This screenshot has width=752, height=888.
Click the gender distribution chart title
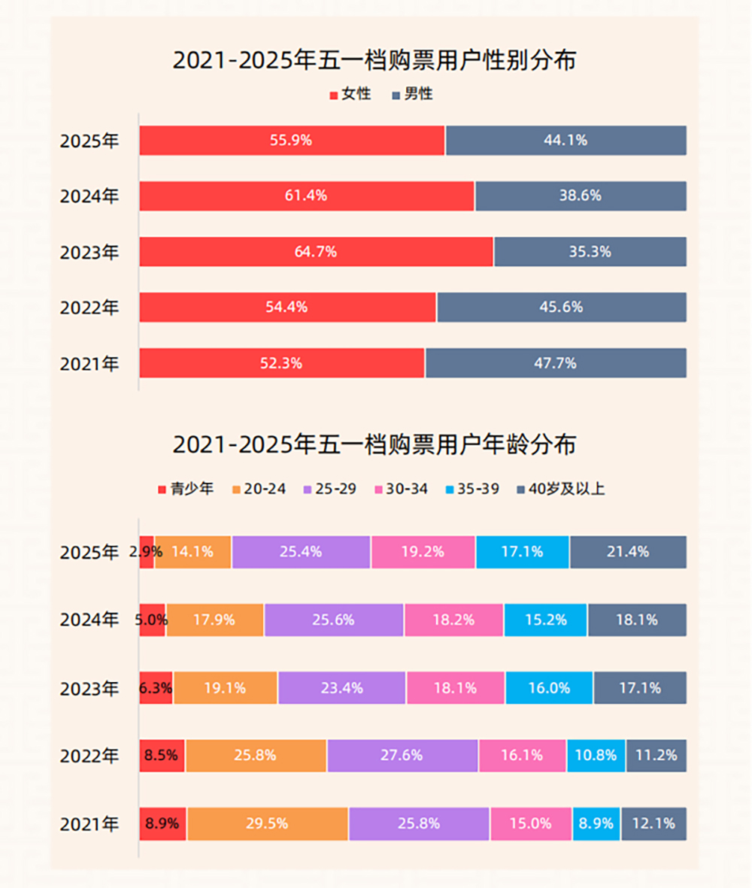pyautogui.click(x=374, y=60)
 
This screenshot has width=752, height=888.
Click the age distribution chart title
pyautogui.click(x=374, y=444)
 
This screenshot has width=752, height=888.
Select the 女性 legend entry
pyautogui.click(x=350, y=95)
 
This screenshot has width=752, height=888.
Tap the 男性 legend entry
pyautogui.click(x=413, y=95)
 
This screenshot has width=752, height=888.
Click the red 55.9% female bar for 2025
pyautogui.click(x=292, y=141)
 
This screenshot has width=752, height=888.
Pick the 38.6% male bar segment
pyautogui.click(x=580, y=196)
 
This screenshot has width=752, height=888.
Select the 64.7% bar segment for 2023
pyautogui.click(x=316, y=252)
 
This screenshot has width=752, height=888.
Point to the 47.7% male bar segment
pyautogui.click(x=555, y=363)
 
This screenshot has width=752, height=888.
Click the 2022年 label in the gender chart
pyautogui.click(x=89, y=308)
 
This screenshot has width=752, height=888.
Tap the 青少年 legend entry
pyautogui.click(x=186, y=489)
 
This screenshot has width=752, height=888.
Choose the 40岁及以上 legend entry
pyautogui.click(x=561, y=489)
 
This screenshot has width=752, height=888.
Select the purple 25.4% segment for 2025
pyautogui.click(x=301, y=552)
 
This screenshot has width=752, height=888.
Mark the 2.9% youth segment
pyautogui.click(x=147, y=552)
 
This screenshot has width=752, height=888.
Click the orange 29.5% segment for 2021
pyautogui.click(x=267, y=823)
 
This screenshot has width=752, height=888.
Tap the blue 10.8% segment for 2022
pyautogui.click(x=596, y=755)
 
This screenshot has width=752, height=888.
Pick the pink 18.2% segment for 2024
pyautogui.click(x=453, y=620)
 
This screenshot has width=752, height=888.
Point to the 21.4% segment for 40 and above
pyautogui.click(x=628, y=552)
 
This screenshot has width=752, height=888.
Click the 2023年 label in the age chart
pyautogui.click(x=89, y=688)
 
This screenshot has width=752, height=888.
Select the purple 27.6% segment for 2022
pyautogui.click(x=402, y=755)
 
